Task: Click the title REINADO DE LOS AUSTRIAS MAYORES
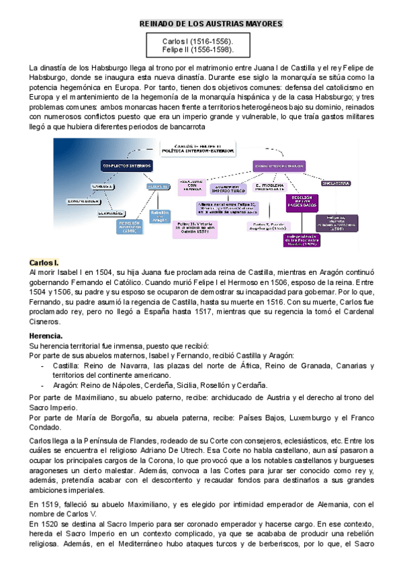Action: click(211, 24)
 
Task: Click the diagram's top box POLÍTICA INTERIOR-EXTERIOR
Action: click(197, 149)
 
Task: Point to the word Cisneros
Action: click(46, 322)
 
